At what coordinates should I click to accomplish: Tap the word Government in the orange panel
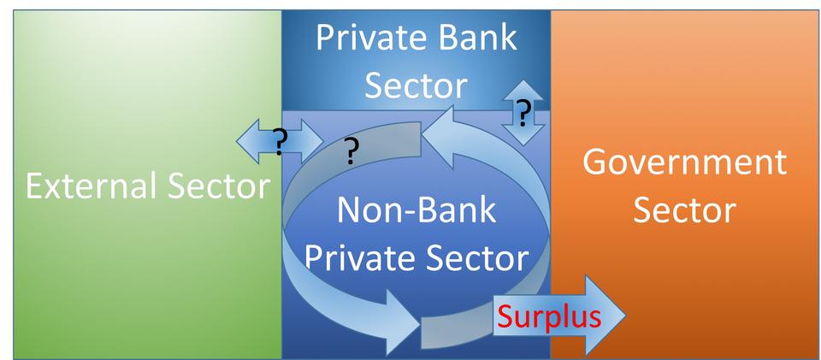point(684,161)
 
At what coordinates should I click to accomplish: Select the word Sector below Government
point(684,209)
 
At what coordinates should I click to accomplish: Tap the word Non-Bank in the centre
point(416,210)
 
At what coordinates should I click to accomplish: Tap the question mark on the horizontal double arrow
point(278,139)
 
